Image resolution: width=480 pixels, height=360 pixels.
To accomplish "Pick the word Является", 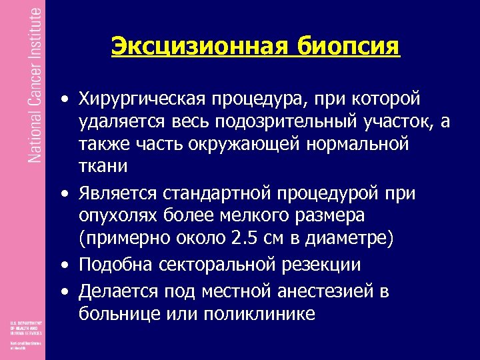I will click(x=117, y=194).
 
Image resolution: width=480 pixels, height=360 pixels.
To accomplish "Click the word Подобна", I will click(x=117, y=265).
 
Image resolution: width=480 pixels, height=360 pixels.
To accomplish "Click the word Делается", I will click(x=119, y=291).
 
